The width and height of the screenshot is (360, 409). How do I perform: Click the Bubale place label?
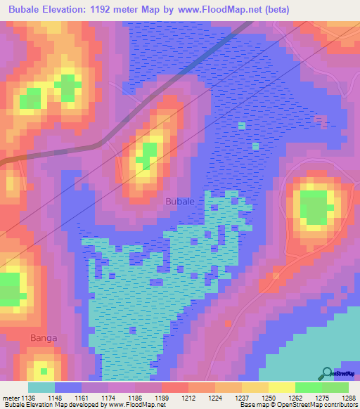click(179, 201)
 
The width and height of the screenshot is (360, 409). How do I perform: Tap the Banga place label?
click(44, 338)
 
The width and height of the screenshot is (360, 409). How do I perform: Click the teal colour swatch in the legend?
click(41, 387)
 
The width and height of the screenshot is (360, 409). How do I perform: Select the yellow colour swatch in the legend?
click(281, 387)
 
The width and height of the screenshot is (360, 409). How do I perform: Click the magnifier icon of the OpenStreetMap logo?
click(327, 374)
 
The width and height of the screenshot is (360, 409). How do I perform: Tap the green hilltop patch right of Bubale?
click(314, 207)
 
